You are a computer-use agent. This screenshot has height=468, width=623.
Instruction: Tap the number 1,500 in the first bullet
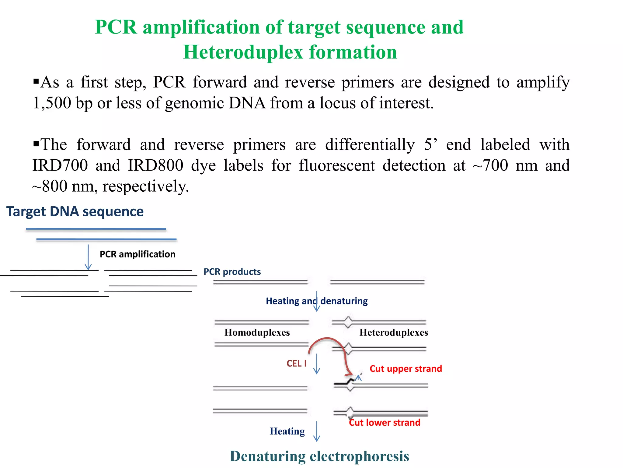(52, 103)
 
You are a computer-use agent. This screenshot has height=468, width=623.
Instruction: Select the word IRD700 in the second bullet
(60, 165)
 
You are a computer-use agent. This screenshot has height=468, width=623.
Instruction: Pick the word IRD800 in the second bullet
(155, 165)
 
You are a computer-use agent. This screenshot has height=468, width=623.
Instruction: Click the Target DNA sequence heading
(75, 211)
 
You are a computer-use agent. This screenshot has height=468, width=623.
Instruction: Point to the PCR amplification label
(137, 254)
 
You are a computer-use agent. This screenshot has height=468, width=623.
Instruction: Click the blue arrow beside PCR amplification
(88, 257)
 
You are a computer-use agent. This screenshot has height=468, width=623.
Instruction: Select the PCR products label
(232, 271)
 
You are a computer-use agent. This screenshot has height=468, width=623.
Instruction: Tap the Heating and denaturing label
(317, 301)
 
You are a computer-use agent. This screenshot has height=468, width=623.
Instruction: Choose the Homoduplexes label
(257, 332)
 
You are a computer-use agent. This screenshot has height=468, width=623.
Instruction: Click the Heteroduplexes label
(394, 332)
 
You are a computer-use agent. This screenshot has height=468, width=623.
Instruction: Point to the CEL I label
(296, 363)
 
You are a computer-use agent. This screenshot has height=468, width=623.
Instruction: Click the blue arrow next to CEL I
(317, 364)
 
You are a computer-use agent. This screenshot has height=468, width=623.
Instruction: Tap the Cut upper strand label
(405, 369)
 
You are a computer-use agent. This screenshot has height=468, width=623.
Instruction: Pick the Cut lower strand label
(385, 423)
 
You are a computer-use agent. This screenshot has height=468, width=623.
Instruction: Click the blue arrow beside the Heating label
(317, 431)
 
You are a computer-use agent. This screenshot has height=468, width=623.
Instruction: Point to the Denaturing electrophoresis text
(319, 456)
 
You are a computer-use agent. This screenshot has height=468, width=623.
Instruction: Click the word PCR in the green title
(116, 27)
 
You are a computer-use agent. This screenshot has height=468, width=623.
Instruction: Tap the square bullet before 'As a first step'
(36, 81)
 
